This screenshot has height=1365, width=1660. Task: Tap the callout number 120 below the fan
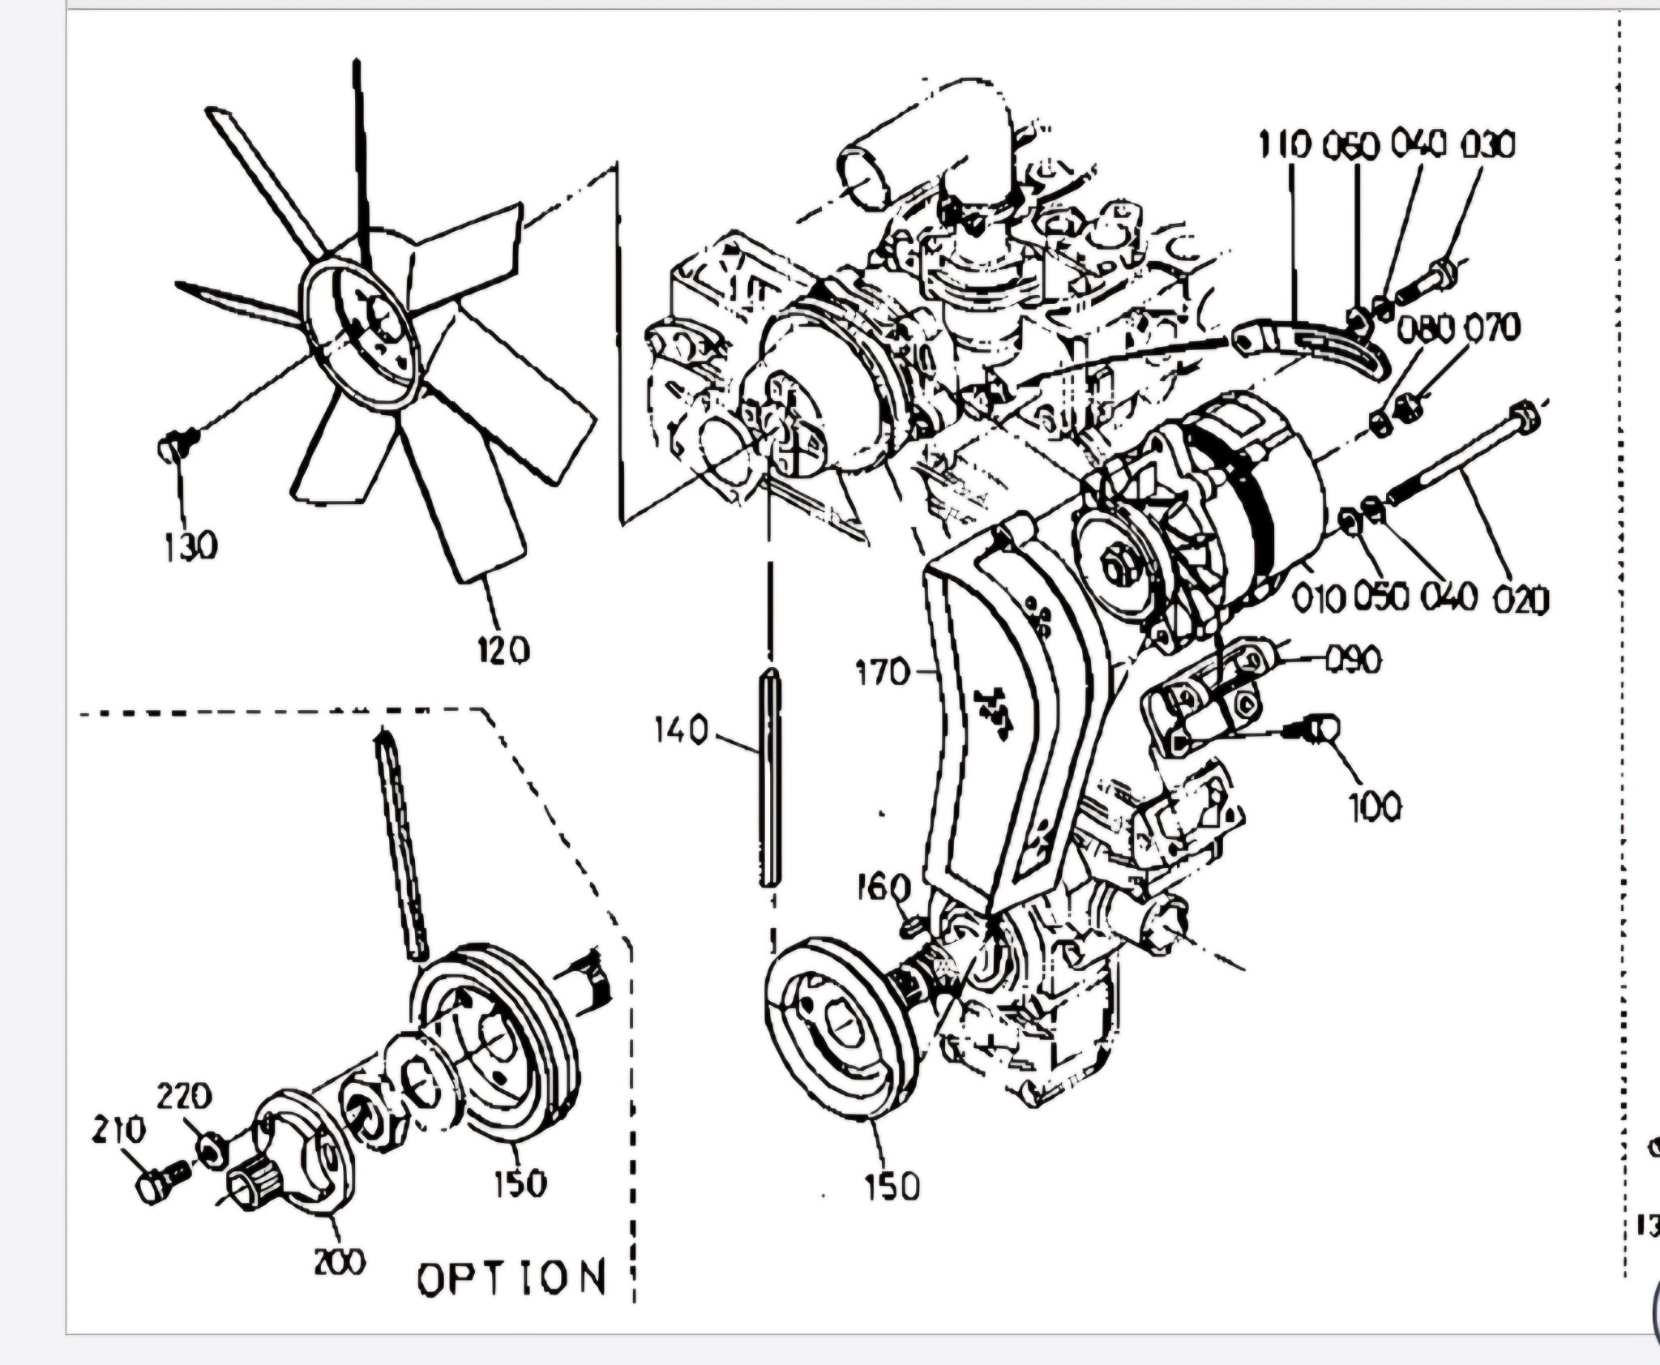503,649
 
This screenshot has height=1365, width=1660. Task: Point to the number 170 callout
883,672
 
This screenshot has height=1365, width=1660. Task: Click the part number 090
1353,661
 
